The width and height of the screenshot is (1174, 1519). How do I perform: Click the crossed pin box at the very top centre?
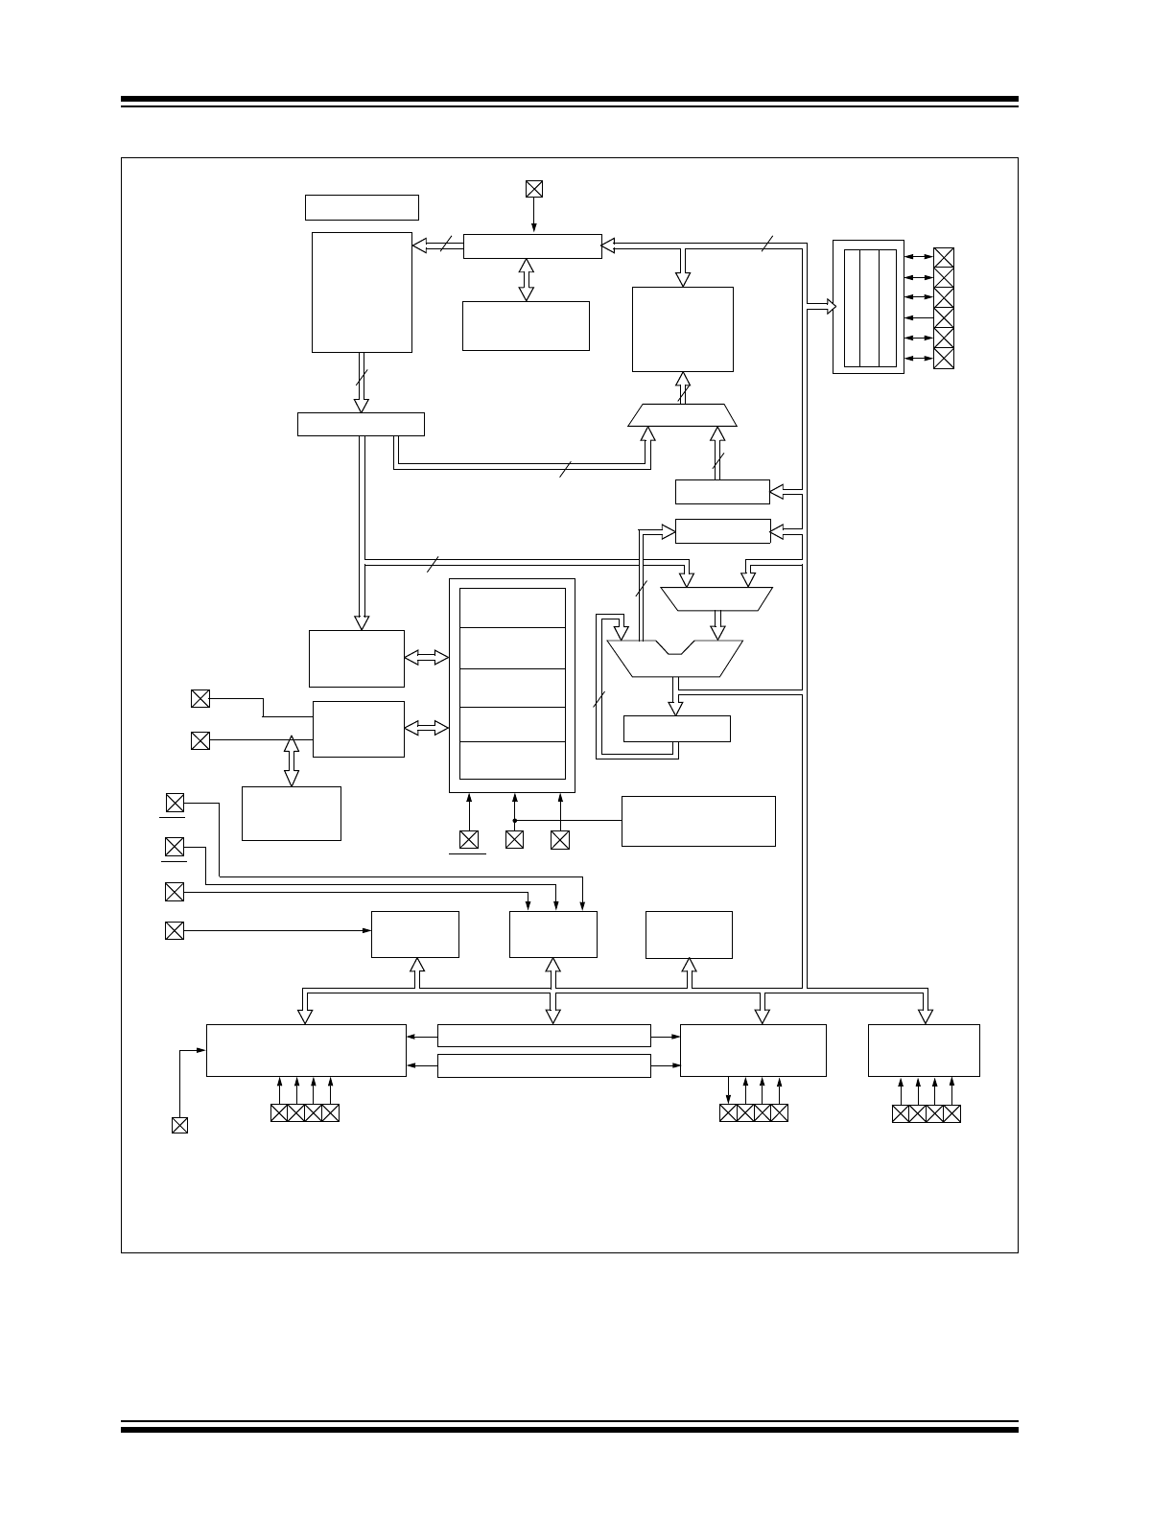(534, 189)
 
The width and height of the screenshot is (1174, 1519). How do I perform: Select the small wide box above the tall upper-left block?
(362, 207)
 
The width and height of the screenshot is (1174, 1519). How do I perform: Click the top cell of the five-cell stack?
(512, 608)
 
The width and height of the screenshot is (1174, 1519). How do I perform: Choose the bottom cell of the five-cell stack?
(512, 759)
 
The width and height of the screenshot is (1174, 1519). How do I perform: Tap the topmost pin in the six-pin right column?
(944, 257)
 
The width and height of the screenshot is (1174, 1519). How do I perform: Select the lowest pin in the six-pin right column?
(944, 359)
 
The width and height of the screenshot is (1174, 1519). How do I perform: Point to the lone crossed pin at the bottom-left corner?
(179, 1125)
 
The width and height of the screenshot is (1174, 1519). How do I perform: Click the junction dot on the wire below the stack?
(515, 821)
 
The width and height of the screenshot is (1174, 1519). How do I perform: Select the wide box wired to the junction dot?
(698, 821)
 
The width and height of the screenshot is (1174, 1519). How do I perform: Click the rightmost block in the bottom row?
(924, 1050)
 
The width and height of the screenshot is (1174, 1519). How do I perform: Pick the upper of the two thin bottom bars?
(544, 1036)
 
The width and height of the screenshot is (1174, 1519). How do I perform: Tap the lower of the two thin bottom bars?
(544, 1065)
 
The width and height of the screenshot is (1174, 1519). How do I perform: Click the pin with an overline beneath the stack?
(468, 840)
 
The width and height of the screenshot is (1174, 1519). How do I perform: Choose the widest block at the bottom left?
(306, 1050)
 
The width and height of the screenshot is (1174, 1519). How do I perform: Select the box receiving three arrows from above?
(552, 934)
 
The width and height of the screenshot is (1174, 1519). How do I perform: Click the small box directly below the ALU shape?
(676, 729)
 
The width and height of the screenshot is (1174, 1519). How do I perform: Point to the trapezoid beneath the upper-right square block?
(682, 415)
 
